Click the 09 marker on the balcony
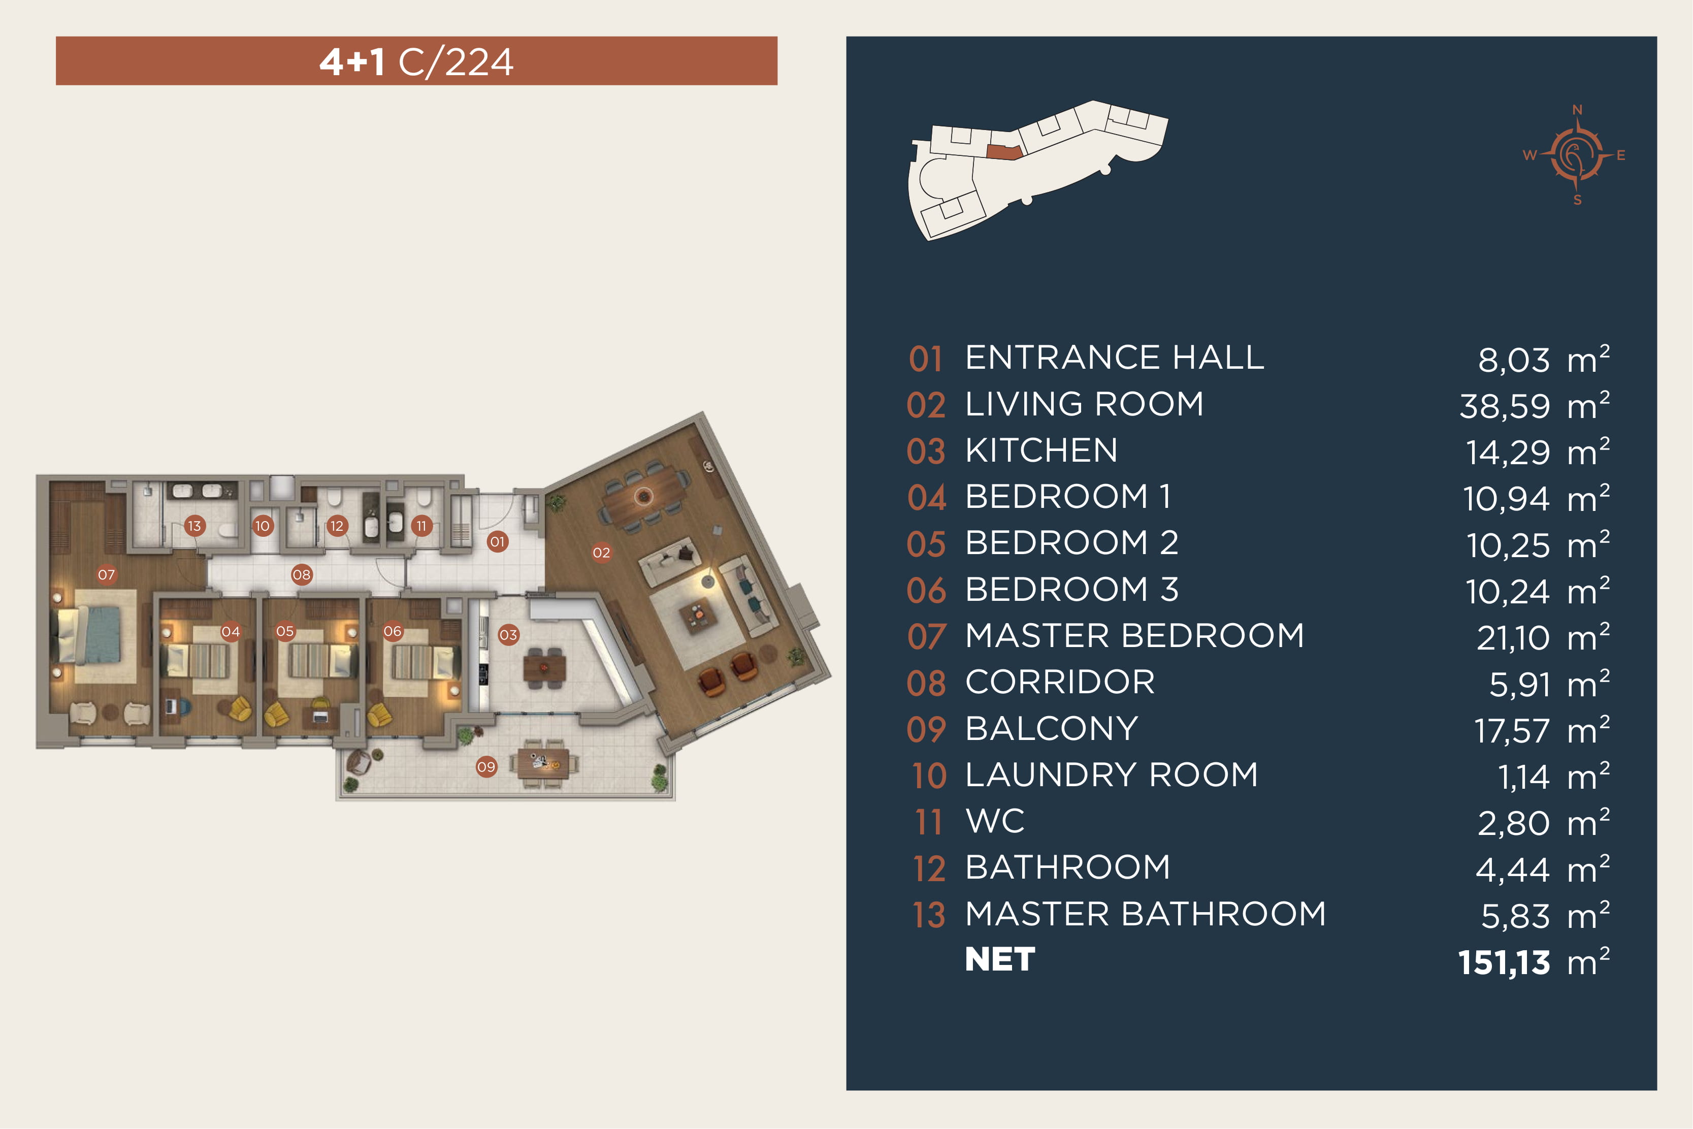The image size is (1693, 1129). pos(486,767)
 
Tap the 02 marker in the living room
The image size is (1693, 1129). pos(601,553)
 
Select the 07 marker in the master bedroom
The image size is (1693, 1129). pos(107,574)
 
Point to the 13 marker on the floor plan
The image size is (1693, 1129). pos(194,526)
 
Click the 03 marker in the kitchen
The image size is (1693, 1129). pos(508,635)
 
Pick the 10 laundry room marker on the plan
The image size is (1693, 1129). pos(263,526)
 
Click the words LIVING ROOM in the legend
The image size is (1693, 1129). pos(1084,404)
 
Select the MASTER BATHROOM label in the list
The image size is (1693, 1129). pos(1145,914)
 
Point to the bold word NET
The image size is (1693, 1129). pos(1000,959)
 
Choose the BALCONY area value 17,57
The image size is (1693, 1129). pos(1512,731)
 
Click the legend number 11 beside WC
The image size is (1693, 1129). pos(929,822)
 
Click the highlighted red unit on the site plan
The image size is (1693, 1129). pos(1003,152)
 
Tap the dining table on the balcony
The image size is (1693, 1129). pos(543,764)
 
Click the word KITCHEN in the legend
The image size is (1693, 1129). pos(1041,450)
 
